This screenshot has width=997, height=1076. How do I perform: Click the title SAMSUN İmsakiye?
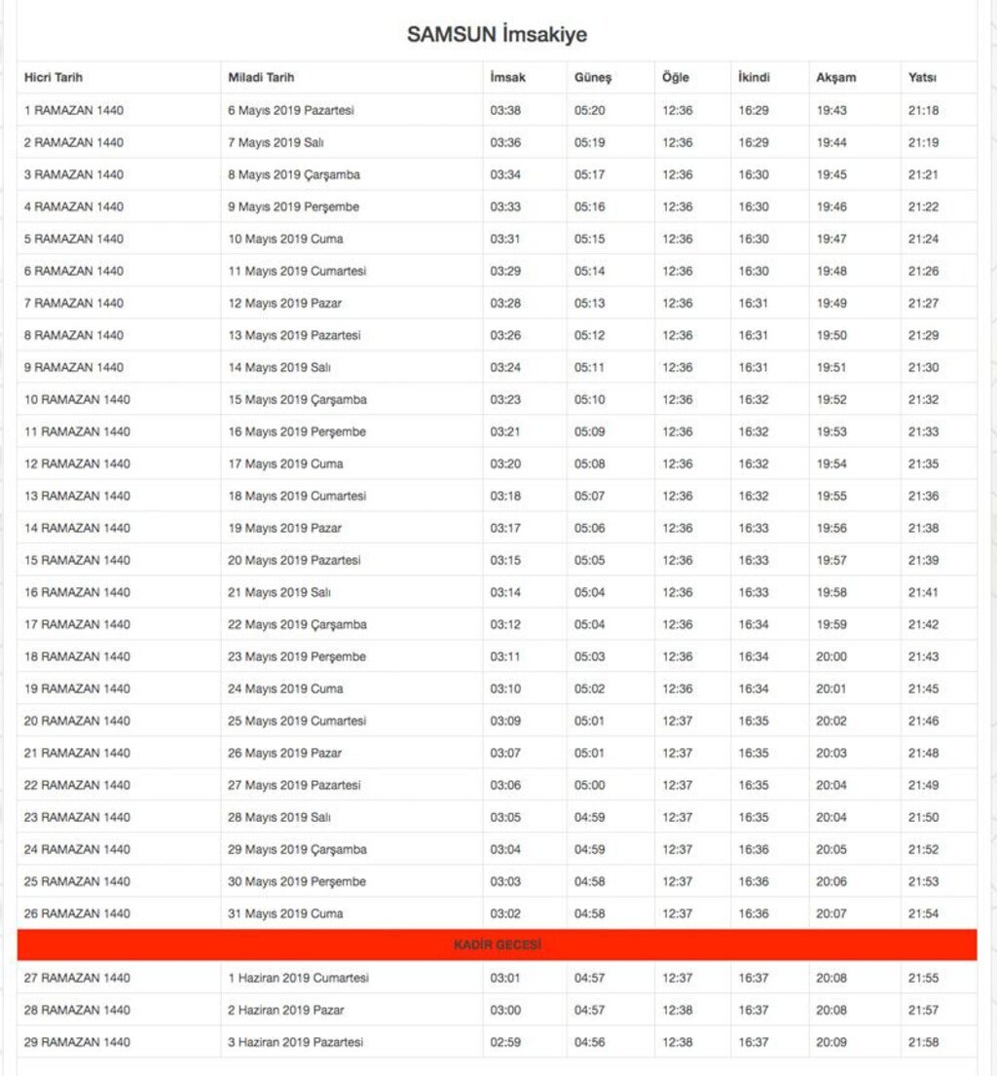point(497,35)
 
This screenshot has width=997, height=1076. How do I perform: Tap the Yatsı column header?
point(922,78)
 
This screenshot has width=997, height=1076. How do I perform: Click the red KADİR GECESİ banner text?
point(498,945)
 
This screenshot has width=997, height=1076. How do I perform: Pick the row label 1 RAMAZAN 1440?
point(74,110)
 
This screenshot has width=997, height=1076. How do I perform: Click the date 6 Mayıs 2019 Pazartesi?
point(291,110)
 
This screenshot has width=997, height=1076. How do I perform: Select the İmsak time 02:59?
point(505,1042)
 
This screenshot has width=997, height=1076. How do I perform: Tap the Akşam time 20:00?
point(831,656)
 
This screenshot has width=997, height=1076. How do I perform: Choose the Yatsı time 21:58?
point(924,1042)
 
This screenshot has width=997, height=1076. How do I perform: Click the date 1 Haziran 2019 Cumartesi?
point(299,978)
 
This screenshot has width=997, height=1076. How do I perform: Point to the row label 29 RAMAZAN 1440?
point(77,1042)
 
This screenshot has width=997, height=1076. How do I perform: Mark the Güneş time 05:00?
point(589,785)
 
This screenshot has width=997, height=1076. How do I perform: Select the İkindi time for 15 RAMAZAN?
point(754,560)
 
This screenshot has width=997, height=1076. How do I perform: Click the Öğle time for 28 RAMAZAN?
point(678,1010)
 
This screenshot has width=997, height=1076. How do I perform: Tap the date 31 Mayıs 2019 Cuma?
point(285,913)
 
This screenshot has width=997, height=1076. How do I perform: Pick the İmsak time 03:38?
point(505,110)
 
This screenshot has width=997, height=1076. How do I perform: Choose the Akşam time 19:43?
point(831,110)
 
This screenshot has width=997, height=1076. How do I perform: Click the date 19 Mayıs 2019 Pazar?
point(285,528)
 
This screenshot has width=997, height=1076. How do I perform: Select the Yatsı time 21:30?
point(924,367)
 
